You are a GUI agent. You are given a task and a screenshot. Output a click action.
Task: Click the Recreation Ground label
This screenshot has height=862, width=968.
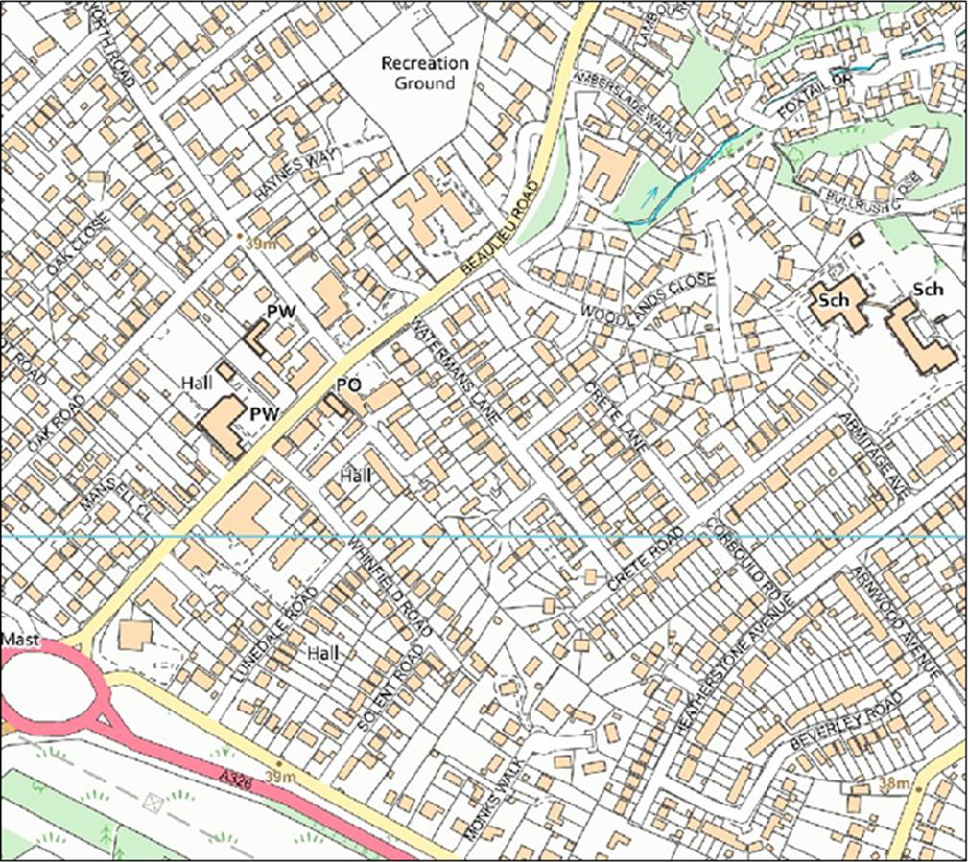click(425, 73)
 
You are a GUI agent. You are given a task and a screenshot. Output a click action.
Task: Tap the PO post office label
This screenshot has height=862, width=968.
click(348, 384)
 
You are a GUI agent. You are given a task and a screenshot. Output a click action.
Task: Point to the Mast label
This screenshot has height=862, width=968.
click(18, 638)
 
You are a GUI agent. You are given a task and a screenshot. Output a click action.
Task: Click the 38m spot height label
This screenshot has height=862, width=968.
click(892, 783)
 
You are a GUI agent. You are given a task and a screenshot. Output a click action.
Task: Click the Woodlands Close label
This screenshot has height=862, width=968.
click(649, 298)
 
